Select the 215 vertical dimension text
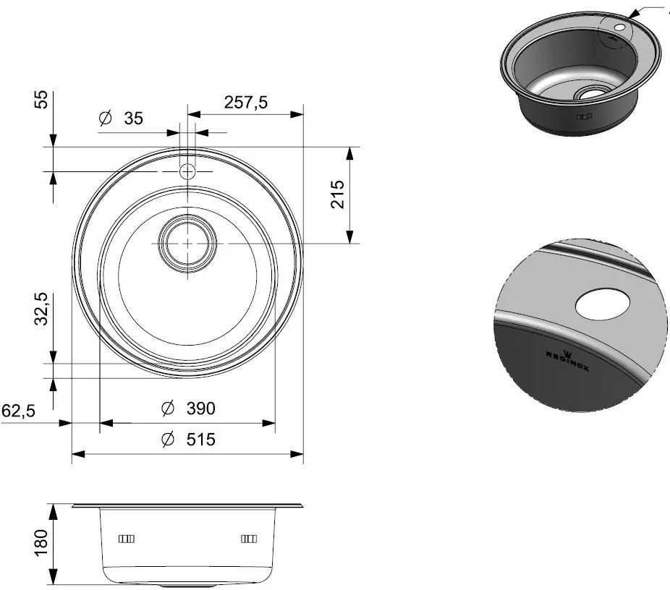(x=336, y=194)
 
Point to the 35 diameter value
(x=132, y=119)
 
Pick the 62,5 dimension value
(x=20, y=411)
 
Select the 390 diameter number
(x=200, y=409)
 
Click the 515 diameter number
(x=200, y=439)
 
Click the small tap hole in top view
(x=187, y=171)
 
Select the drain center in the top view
(x=187, y=244)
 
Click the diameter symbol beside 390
(x=167, y=409)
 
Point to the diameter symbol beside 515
(x=167, y=439)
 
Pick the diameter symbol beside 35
(x=105, y=119)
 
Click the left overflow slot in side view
(x=127, y=539)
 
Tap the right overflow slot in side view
(x=248, y=539)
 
